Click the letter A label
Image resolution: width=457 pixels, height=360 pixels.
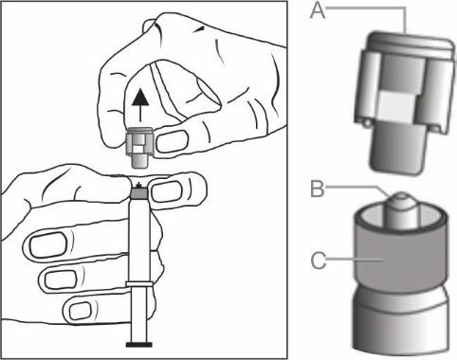318,10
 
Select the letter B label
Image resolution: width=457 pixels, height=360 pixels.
318,189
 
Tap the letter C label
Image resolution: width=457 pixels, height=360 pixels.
319,261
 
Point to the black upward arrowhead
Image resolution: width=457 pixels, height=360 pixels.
140,97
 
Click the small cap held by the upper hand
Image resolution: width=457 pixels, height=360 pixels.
139,147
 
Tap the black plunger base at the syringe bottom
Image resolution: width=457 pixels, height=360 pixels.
139,344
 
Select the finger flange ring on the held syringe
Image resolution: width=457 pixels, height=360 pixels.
139,284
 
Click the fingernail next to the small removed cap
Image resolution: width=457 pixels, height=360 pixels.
173,141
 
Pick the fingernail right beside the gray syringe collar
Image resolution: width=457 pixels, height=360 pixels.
167,191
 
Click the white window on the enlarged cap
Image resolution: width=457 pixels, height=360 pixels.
396,106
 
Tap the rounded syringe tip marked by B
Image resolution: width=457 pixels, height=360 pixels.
401,210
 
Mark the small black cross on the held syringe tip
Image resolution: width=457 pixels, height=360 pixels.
137,185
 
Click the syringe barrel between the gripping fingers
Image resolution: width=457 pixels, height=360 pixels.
139,240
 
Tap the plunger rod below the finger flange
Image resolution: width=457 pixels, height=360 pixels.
139,315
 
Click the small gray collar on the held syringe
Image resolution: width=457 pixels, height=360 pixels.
139,193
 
